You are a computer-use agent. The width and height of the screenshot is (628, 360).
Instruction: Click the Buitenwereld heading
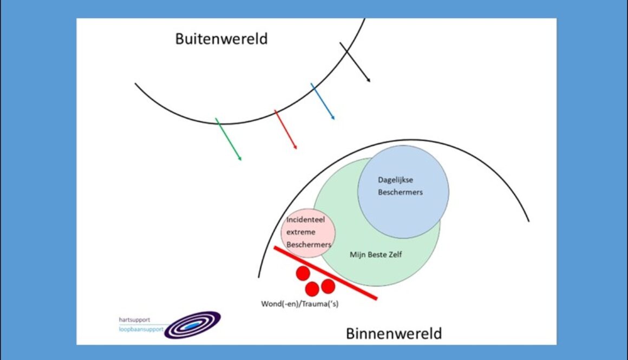[221, 39]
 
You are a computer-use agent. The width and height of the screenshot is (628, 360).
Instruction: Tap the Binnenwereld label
[394, 333]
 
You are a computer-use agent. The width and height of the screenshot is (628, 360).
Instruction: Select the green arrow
[228, 139]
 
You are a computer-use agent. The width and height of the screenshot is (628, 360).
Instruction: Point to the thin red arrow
[286, 129]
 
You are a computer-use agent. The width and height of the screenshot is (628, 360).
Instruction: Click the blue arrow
[323, 101]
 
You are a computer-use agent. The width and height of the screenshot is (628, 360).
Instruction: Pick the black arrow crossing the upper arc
[355, 62]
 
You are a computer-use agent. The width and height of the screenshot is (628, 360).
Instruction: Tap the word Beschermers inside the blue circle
[400, 192]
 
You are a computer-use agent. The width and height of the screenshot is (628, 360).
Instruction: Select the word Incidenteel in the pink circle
[306, 220]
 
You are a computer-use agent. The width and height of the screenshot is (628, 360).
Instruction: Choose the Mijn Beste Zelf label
[376, 254]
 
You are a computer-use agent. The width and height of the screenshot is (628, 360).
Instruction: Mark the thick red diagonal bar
[325, 273]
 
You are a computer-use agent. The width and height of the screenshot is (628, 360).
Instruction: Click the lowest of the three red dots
[312, 289]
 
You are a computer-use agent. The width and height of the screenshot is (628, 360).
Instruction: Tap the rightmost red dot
[328, 285]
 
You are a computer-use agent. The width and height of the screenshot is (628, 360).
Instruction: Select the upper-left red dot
[303, 274]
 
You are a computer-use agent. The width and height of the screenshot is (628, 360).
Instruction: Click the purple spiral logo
[192, 325]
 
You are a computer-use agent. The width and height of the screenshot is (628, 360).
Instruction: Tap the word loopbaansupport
[141, 329]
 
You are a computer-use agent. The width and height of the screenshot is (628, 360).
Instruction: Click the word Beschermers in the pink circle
[309, 245]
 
